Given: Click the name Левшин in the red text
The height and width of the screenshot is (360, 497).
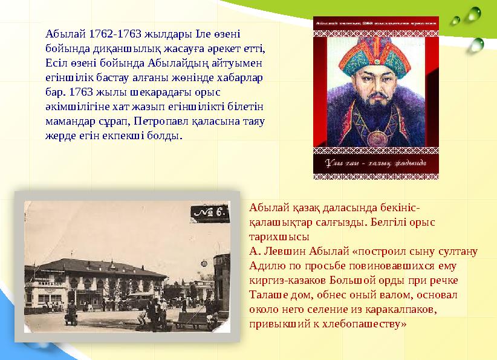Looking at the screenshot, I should [x=285, y=251].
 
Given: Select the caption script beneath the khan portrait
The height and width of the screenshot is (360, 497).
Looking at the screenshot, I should [x=375, y=163].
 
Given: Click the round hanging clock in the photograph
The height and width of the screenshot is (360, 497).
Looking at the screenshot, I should [x=204, y=264].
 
